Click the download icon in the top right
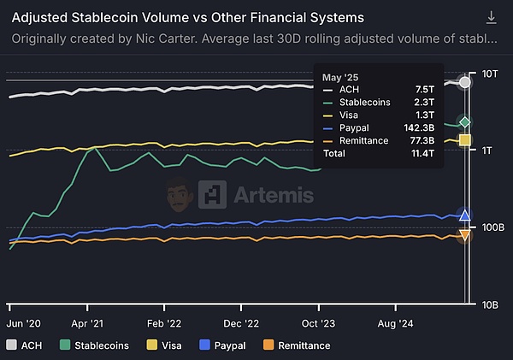[491, 17]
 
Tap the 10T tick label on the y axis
[490, 74]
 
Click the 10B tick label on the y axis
[491, 304]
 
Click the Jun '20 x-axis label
[25, 325]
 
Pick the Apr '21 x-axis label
[88, 325]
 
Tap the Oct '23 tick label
[321, 325]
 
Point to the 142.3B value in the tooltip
[418, 127]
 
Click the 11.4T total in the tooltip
[422, 153]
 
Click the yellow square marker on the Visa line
[465, 139]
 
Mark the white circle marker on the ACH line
[465, 82]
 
